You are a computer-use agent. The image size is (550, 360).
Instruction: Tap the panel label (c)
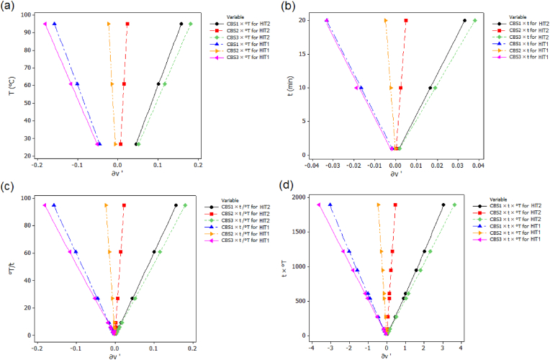[x=12, y=186]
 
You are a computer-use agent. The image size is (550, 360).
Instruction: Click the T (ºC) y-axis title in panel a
[x=8, y=85]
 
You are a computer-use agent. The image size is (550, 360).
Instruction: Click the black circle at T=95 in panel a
[x=181, y=24]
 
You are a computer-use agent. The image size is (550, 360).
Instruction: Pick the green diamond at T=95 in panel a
[x=191, y=24]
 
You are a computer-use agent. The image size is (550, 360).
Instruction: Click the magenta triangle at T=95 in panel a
[x=45, y=24]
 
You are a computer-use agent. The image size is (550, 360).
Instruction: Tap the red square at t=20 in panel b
[x=406, y=20]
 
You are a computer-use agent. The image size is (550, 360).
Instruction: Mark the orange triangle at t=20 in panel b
[x=385, y=20]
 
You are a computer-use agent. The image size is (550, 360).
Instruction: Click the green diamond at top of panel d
[x=454, y=204]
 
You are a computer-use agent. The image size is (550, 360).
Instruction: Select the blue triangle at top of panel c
[x=54, y=205]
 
